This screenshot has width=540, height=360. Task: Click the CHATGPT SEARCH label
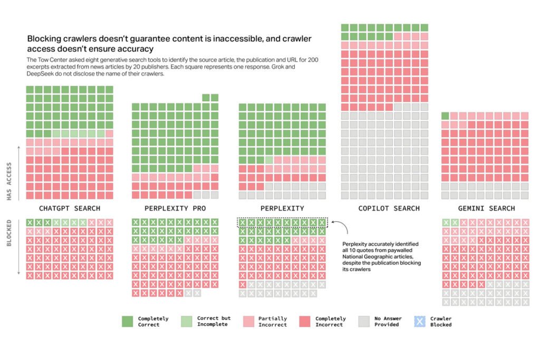pyautogui.click(x=70, y=208)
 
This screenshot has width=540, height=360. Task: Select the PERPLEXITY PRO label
pyautogui.click(x=175, y=208)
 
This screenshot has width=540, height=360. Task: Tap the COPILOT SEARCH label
pyautogui.click(x=389, y=208)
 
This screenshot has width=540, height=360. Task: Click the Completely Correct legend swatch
pyautogui.click(x=128, y=322)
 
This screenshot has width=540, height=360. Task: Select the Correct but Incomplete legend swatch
pyautogui.click(x=187, y=322)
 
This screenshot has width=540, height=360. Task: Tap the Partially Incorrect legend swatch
pyautogui.click(x=248, y=322)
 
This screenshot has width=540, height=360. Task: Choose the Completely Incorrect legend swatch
pyautogui.click(x=306, y=322)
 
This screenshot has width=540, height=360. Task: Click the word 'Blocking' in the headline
pyautogui.click(x=44, y=39)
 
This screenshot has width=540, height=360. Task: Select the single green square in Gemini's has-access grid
pyautogui.click(x=445, y=116)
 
